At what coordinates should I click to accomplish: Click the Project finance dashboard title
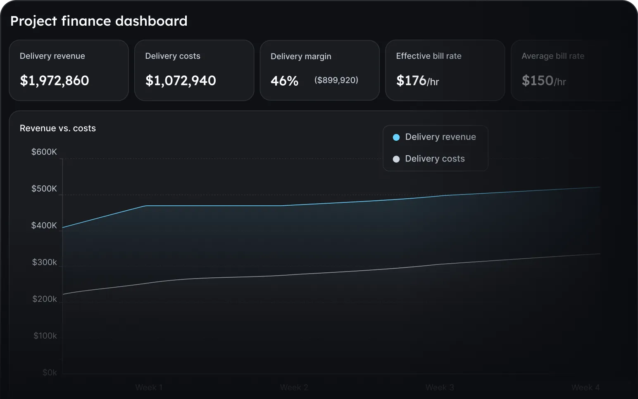point(99,21)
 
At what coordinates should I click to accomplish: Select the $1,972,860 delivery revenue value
point(55,80)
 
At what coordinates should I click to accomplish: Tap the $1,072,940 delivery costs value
point(181,80)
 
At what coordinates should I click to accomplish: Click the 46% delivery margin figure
point(284,81)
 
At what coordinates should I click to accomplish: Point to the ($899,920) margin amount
point(336,80)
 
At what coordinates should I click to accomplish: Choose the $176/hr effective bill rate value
point(417,80)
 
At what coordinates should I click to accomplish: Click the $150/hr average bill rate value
point(543,80)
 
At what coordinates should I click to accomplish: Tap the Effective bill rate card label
point(429,56)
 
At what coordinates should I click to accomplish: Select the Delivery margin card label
point(301,56)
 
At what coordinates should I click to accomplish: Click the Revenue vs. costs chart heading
point(58,128)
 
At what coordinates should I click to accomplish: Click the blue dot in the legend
point(396,137)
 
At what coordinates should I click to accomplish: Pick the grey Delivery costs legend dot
point(396,159)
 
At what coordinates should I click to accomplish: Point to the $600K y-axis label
point(44,152)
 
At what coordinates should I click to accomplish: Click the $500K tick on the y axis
point(44,189)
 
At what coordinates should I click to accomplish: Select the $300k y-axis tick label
point(45,262)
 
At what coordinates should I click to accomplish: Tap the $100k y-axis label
point(45,336)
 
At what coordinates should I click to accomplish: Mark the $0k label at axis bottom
point(50,373)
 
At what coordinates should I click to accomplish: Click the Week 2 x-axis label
point(294,387)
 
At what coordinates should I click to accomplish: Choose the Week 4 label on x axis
point(586,387)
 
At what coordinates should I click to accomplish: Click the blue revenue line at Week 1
point(146,206)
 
